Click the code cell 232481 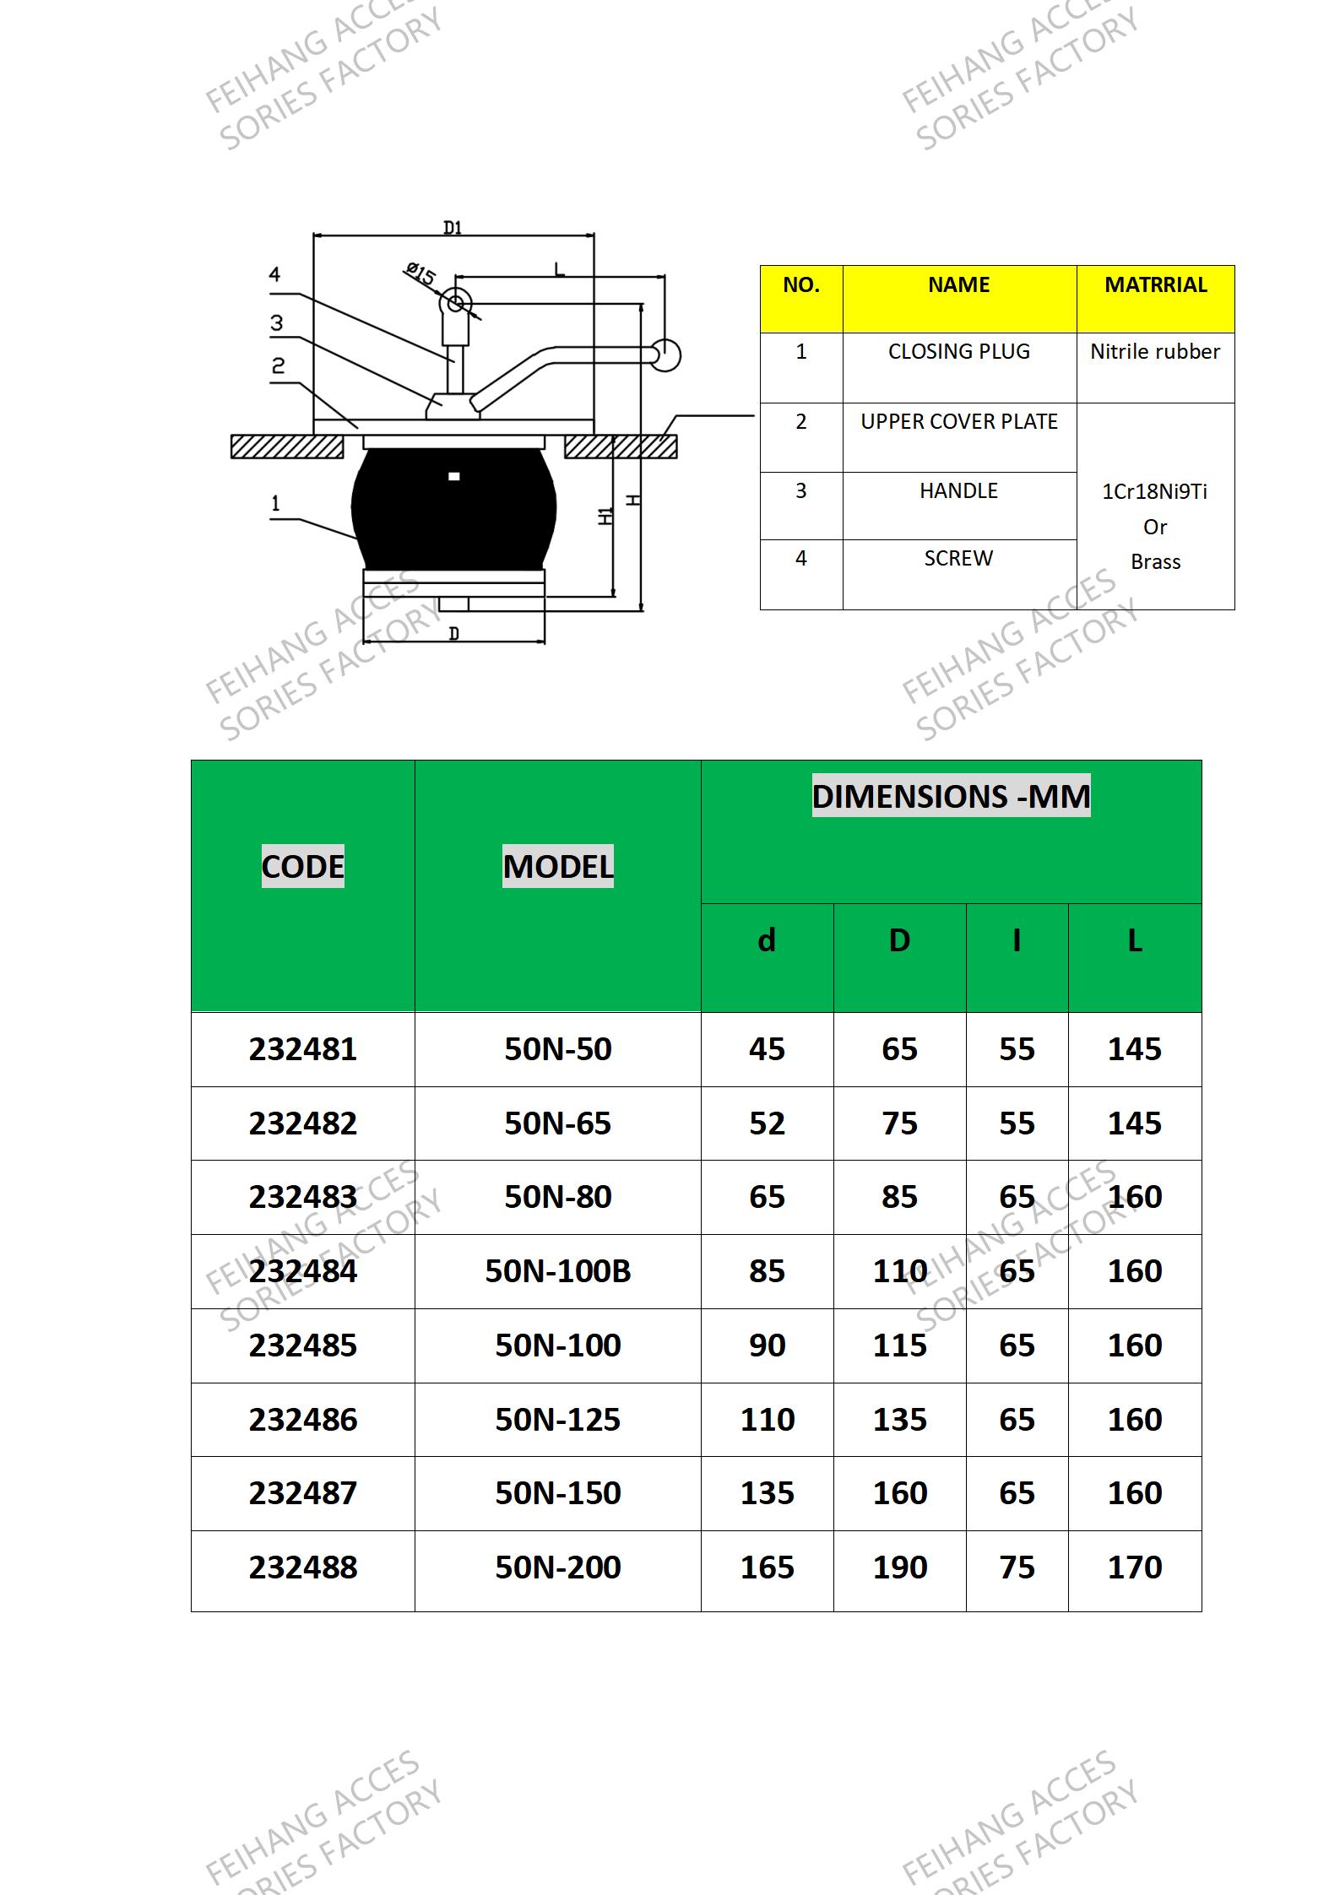(x=302, y=1049)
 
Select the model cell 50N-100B (x=557, y=1271)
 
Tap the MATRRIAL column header (x=1155, y=285)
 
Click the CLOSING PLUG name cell (x=958, y=352)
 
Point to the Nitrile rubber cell (x=1154, y=352)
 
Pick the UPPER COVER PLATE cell (x=958, y=422)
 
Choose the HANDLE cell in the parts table (x=958, y=491)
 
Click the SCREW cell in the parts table (x=958, y=559)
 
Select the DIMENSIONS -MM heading (x=951, y=797)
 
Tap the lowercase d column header (x=767, y=940)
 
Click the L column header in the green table (x=1135, y=940)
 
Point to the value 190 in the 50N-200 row (x=900, y=1567)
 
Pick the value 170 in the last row (x=1135, y=1567)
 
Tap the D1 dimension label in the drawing (x=453, y=227)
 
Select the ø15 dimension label (x=420, y=274)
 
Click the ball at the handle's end (x=666, y=355)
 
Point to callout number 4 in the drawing (x=275, y=275)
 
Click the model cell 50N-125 (x=557, y=1420)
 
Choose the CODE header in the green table (x=302, y=866)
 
